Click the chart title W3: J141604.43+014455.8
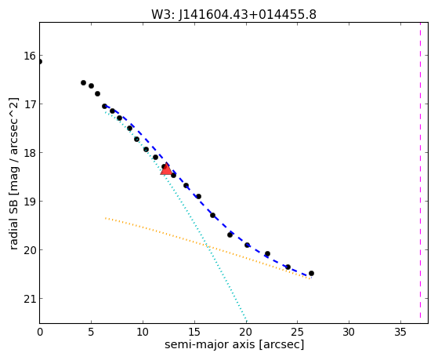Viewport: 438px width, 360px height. click(x=233, y=14)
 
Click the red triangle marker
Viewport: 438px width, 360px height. click(x=166, y=169)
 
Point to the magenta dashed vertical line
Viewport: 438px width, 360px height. click(x=420, y=173)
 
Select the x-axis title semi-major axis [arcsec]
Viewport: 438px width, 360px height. click(x=234, y=344)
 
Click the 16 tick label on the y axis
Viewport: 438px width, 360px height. click(x=30, y=56)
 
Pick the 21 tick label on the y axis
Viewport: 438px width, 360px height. click(x=30, y=299)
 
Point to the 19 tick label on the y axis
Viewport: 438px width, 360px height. click(x=30, y=202)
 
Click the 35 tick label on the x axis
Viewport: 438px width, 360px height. click(x=400, y=332)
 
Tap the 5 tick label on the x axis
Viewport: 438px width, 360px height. click(x=91, y=332)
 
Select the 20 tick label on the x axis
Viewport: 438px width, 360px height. click(x=246, y=332)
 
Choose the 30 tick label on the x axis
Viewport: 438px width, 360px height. click(x=349, y=332)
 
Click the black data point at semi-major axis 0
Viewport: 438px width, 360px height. click(x=40, y=61)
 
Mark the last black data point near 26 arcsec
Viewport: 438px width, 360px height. click(x=311, y=273)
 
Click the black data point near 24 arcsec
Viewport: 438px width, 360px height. click(x=288, y=267)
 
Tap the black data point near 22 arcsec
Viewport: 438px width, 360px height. click(x=267, y=253)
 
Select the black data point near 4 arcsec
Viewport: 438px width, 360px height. click(x=83, y=82)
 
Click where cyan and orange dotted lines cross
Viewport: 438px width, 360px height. click(x=208, y=246)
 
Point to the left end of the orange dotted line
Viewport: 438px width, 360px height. click(x=106, y=218)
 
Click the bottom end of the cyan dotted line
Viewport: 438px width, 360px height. click(x=246, y=321)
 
